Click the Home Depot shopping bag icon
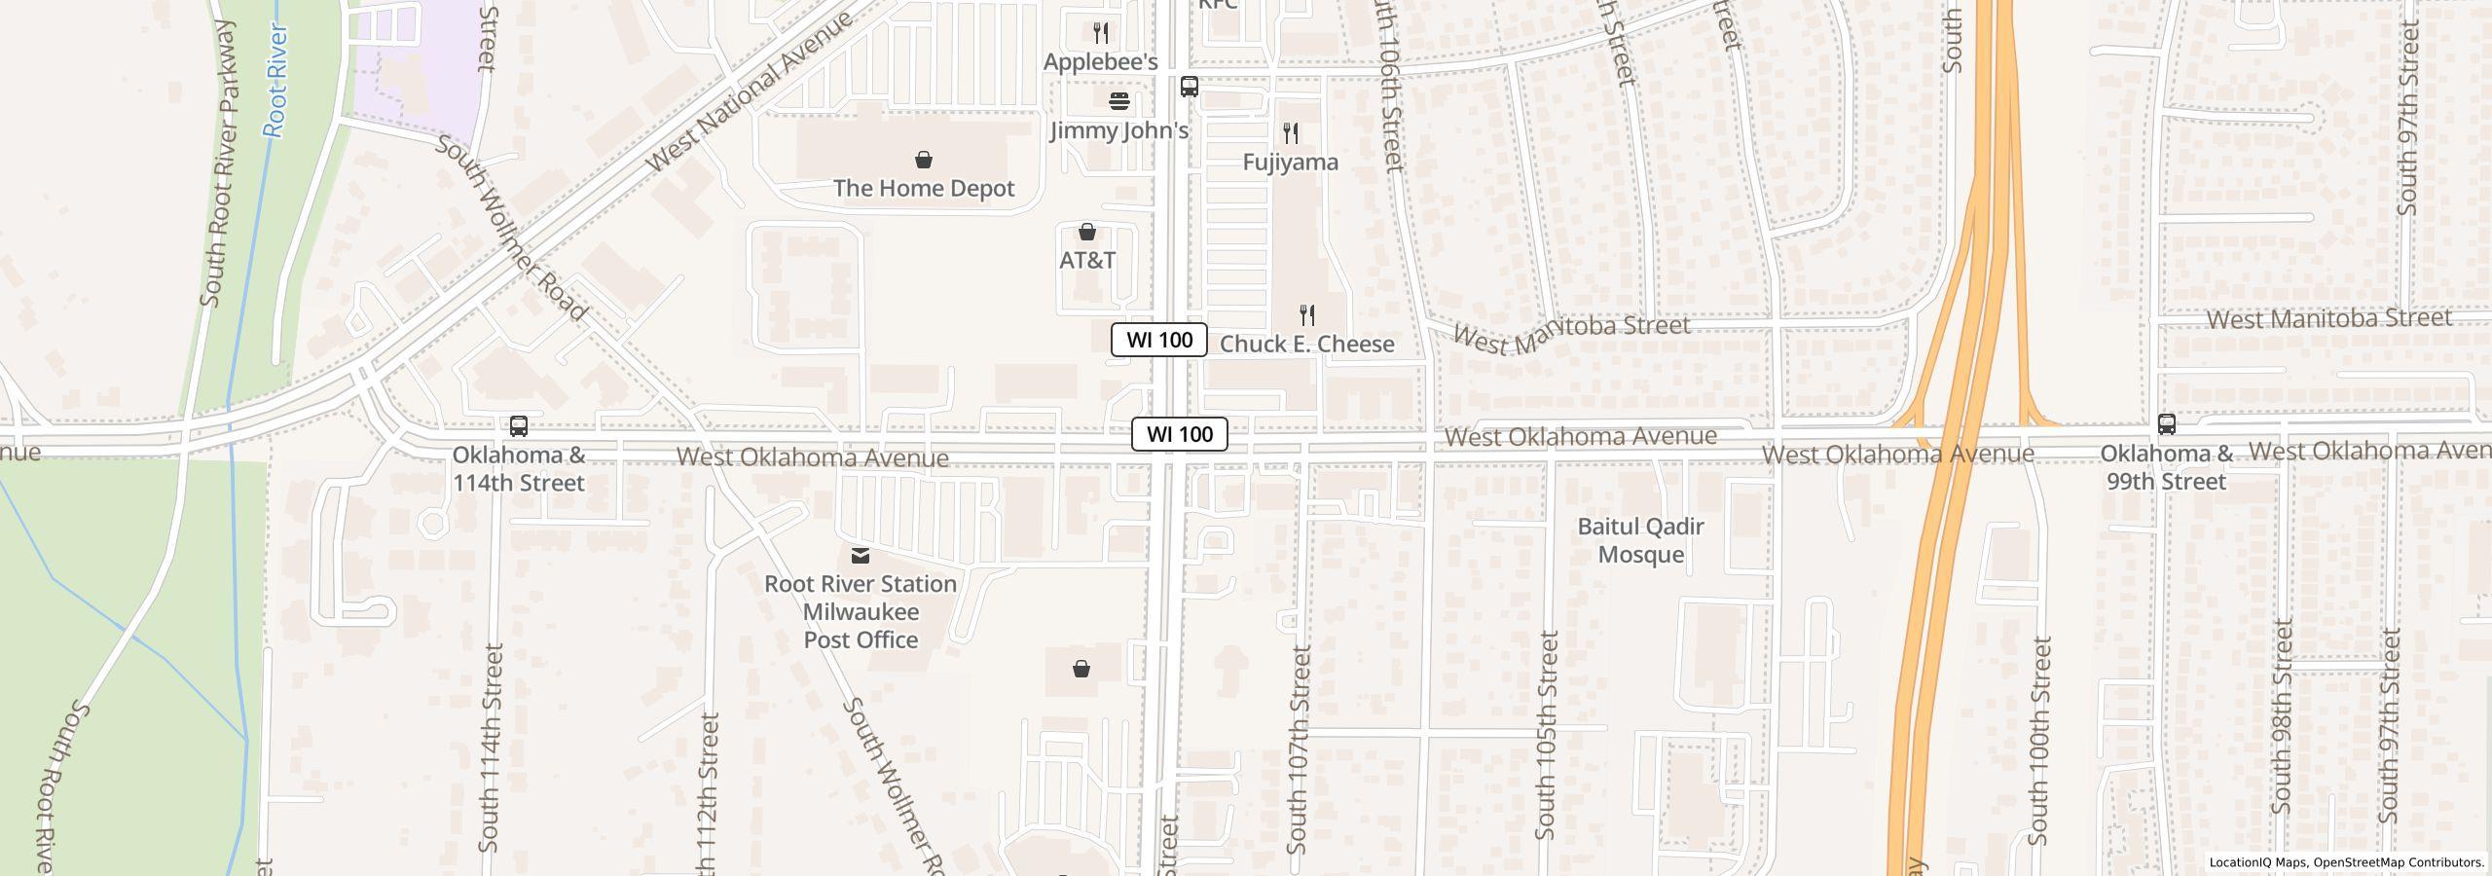click(x=923, y=160)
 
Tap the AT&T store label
click(x=1087, y=260)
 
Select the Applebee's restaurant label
click(x=1100, y=62)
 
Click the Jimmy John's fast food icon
click(x=1119, y=101)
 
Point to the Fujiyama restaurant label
click(x=1290, y=163)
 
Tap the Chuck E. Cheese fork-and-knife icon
click(x=1307, y=315)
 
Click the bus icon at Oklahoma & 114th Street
click(x=519, y=426)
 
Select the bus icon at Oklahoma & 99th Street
click(x=2166, y=424)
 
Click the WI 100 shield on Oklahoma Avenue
click(x=1179, y=434)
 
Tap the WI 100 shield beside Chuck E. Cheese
click(x=1158, y=340)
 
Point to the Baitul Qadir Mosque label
click(x=1640, y=540)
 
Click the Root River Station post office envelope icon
click(x=860, y=556)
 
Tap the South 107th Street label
click(x=1299, y=749)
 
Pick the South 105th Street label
click(x=1546, y=735)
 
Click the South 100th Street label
click(x=2039, y=740)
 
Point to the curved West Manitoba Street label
click(x=1570, y=331)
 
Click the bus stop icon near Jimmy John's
click(x=1189, y=87)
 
